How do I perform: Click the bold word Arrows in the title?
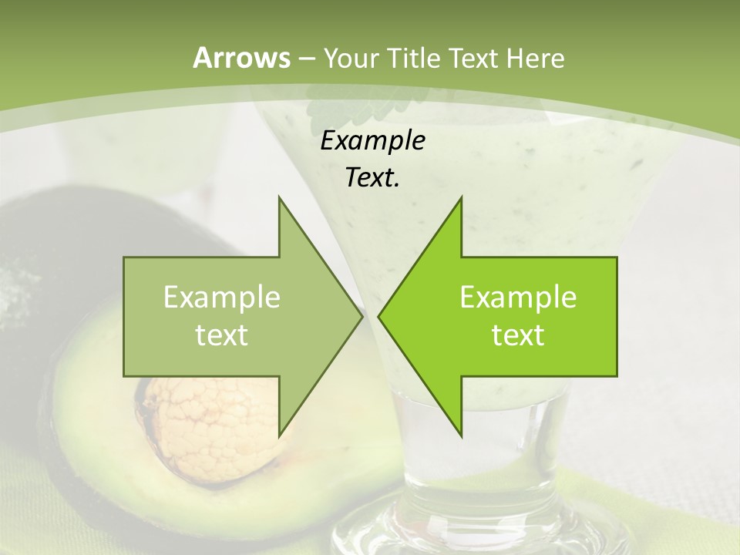[241, 58]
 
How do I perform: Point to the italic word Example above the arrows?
[372, 140]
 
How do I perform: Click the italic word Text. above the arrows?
[372, 177]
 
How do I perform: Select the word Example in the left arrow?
[221, 298]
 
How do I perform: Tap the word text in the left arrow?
[221, 335]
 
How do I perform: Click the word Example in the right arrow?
[518, 298]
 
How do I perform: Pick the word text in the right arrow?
[518, 335]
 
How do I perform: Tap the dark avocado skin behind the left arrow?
[69, 231]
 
